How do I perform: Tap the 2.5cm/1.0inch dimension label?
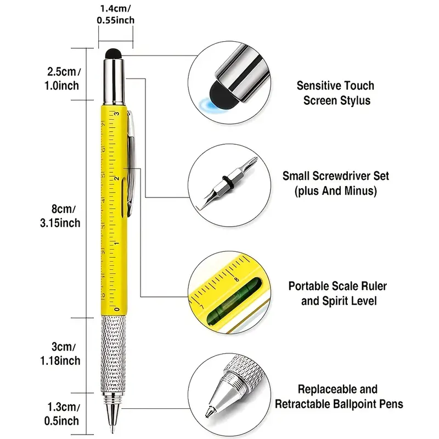coord(63,78)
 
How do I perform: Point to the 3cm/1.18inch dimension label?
coord(63,354)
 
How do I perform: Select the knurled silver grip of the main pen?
coord(113,351)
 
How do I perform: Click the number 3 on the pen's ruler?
coord(116,114)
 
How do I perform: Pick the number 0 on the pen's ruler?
coord(116,309)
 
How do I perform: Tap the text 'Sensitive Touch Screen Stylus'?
coord(335,93)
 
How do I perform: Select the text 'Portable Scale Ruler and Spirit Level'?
coord(337,294)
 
